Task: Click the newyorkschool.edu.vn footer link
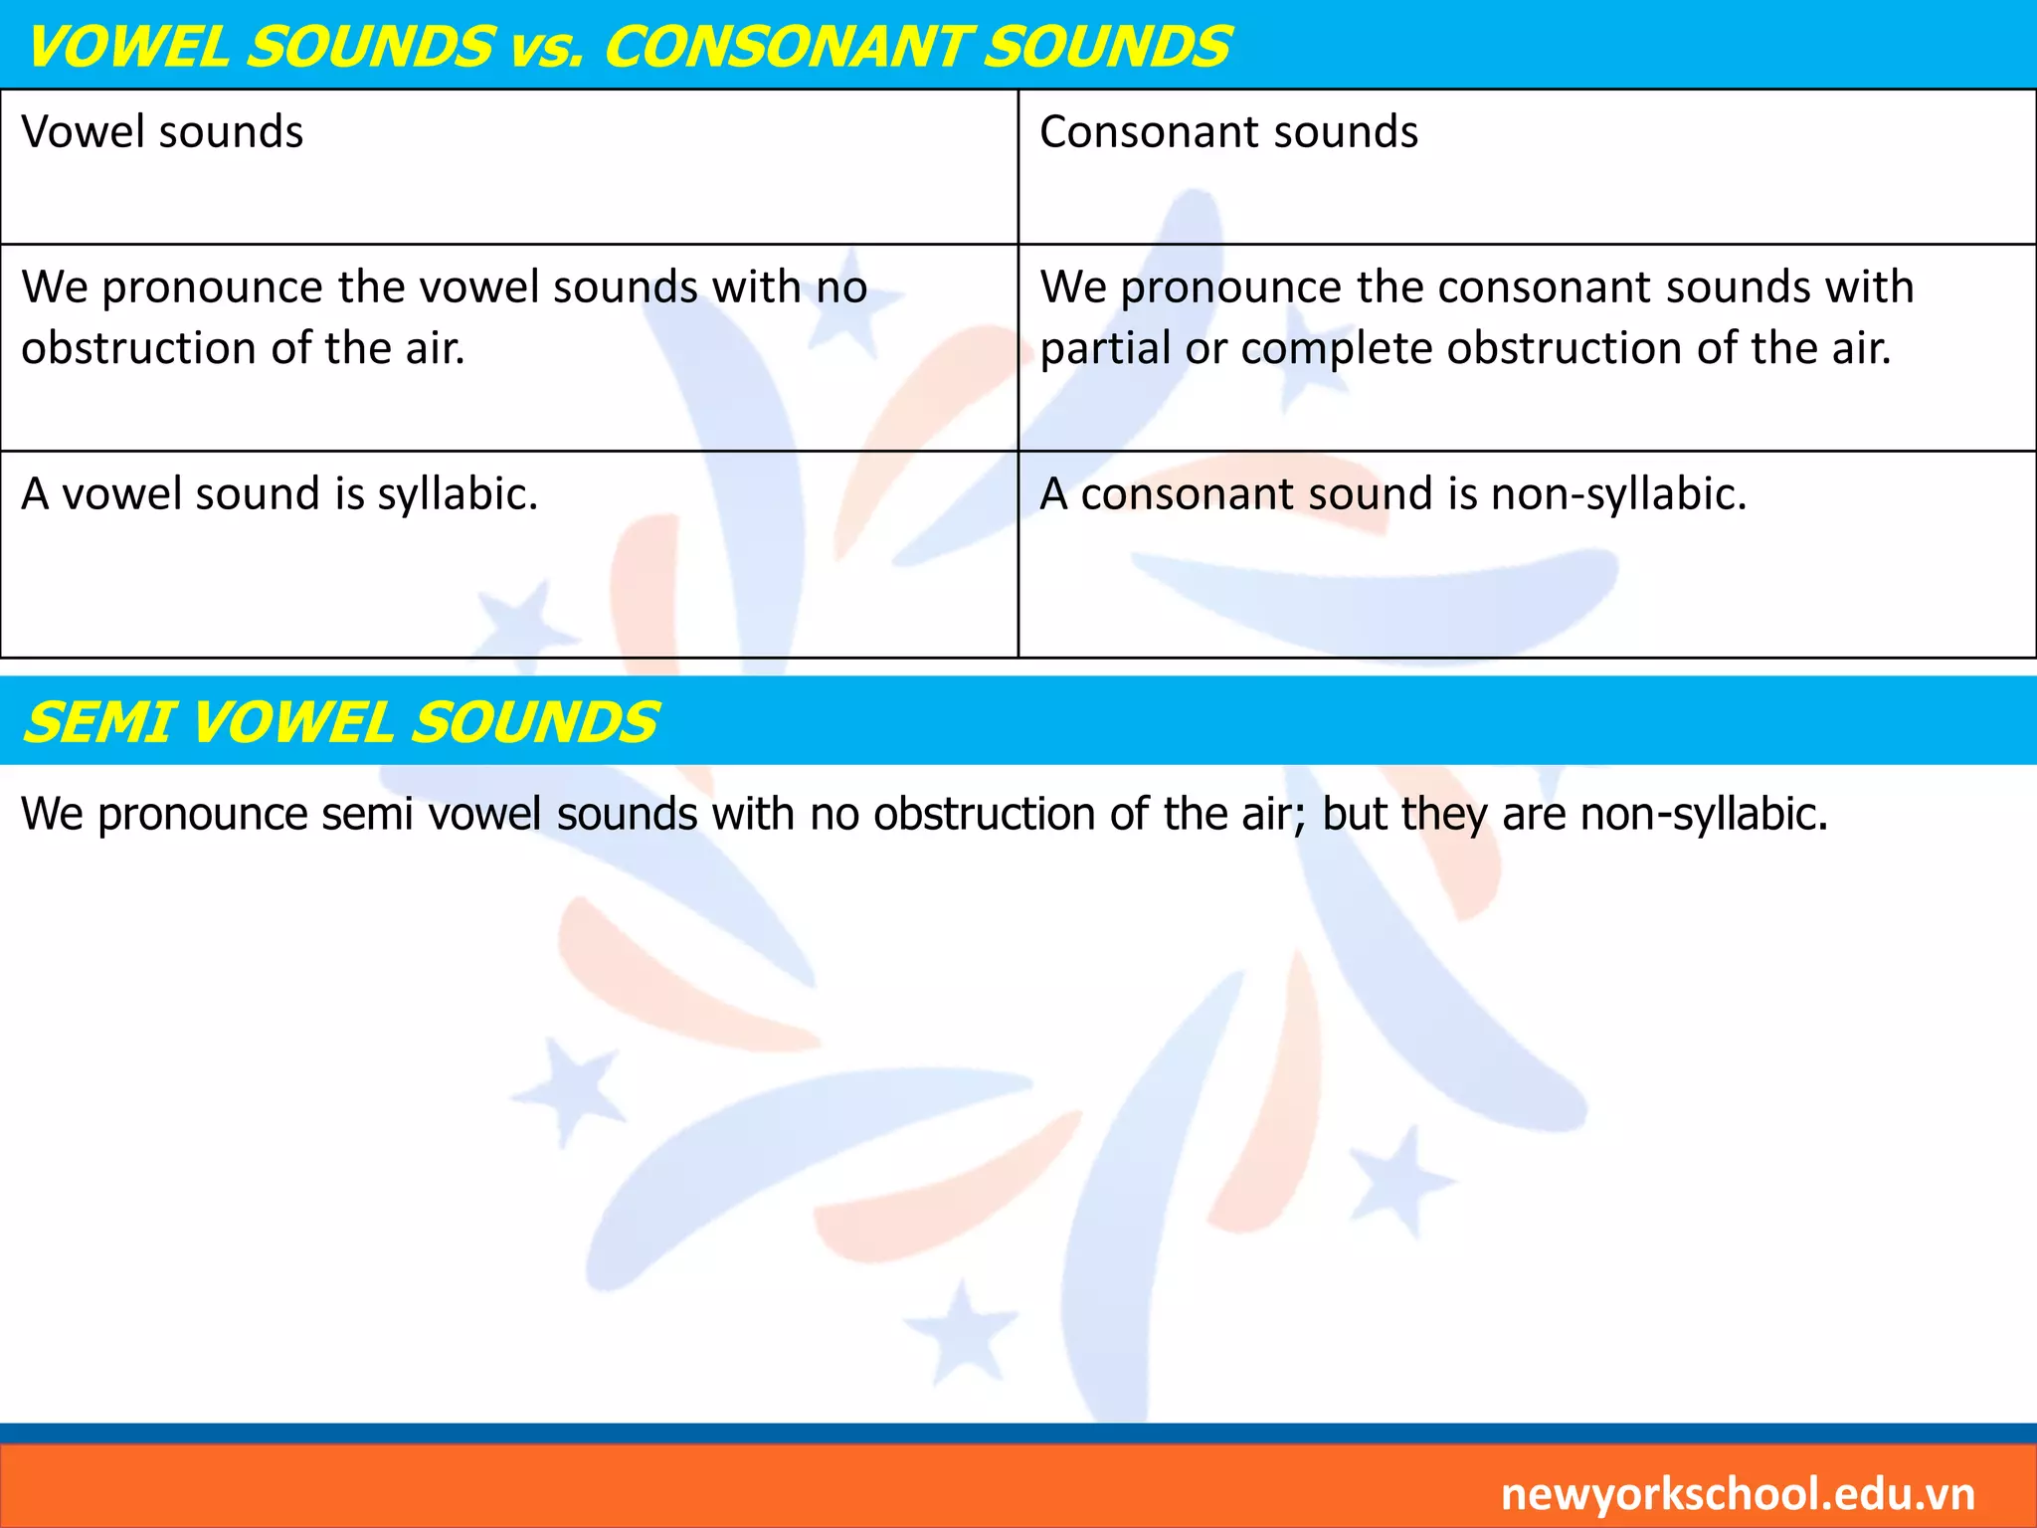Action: [x=1737, y=1494]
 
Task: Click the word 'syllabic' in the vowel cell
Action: [x=457, y=494]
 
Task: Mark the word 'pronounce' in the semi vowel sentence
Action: [x=203, y=815]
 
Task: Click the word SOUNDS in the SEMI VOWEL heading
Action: [x=533, y=722]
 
